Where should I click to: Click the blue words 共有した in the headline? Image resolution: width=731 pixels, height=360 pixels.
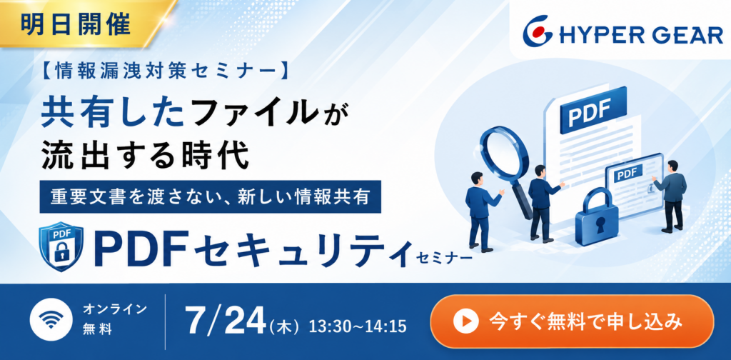112,114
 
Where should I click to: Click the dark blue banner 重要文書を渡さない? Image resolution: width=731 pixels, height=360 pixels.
211,197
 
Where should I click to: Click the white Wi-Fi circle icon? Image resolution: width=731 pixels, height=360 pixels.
51,319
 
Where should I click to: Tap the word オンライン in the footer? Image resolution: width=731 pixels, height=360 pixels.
115,309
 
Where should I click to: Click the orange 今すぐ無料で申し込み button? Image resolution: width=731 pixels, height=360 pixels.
572,321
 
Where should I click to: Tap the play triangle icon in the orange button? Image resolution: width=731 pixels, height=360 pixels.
466,321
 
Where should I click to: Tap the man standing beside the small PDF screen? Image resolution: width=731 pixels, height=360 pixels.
671,196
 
